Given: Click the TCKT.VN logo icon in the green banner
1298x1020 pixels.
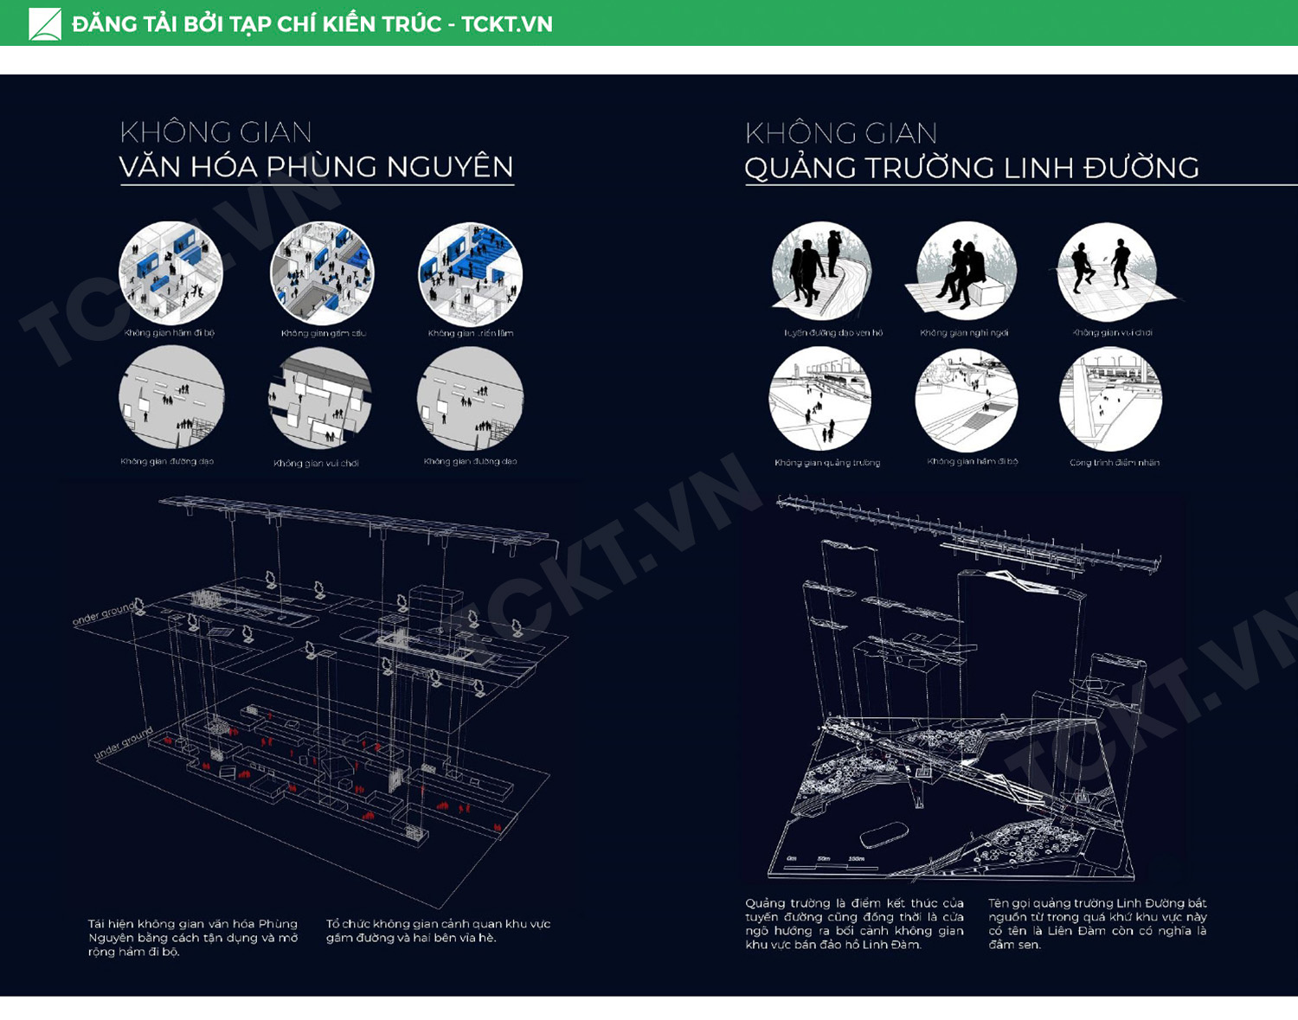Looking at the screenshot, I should pyautogui.click(x=45, y=23).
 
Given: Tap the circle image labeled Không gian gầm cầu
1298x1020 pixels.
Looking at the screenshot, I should pyautogui.click(x=322, y=273).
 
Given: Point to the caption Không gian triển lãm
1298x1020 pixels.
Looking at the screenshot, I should pyautogui.click(x=470, y=333).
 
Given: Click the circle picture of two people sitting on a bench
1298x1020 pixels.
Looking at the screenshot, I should pyautogui.click(x=966, y=272).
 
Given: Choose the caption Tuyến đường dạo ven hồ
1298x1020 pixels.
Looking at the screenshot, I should pyautogui.click(x=832, y=332).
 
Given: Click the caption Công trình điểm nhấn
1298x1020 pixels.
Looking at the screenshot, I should pyautogui.click(x=1114, y=463).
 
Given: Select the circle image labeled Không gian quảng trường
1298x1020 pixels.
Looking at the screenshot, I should pyautogui.click(x=820, y=399).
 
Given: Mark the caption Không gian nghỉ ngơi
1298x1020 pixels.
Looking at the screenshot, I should pyautogui.click(x=964, y=333).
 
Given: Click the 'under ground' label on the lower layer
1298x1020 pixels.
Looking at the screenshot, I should pyautogui.click(x=124, y=744).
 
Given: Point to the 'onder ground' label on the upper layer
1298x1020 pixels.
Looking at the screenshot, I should pyautogui.click(x=103, y=613).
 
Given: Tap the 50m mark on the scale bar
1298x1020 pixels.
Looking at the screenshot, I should pyautogui.click(x=823, y=859).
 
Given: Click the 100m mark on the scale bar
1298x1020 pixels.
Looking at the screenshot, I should pyautogui.click(x=856, y=859).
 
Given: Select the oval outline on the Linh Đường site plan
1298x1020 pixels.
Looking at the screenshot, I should pyautogui.click(x=883, y=834).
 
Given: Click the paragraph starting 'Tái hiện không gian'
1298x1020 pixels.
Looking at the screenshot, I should pyautogui.click(x=192, y=938).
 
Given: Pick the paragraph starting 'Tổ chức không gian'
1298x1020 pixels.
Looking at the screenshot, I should pyautogui.click(x=438, y=931).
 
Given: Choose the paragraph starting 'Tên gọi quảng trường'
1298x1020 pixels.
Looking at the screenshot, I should pyautogui.click(x=1096, y=924).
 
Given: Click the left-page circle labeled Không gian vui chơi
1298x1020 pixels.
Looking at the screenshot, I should pyautogui.click(x=319, y=399).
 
